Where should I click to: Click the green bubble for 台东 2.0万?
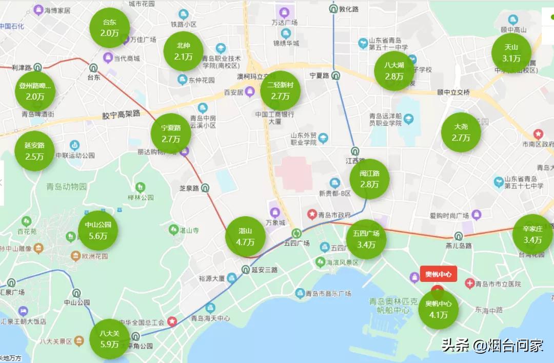109,28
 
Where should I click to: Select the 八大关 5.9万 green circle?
109,339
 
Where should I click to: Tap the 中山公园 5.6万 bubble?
98,230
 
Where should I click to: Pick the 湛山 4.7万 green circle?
245,236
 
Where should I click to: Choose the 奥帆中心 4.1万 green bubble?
439,309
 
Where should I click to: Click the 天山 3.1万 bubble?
511,53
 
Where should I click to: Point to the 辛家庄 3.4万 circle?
532,234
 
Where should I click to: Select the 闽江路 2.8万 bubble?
369,179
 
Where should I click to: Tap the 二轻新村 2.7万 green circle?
280,90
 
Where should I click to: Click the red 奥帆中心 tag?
438,274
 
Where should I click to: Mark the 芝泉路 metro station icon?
205,188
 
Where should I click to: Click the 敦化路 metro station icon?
333,9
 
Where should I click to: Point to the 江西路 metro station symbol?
355,151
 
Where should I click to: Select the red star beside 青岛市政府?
311,214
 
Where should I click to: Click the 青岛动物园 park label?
67,186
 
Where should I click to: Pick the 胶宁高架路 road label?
121,114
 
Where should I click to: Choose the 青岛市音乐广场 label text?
328,294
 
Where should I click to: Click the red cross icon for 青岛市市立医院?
469,283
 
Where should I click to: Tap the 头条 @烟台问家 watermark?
492,346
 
